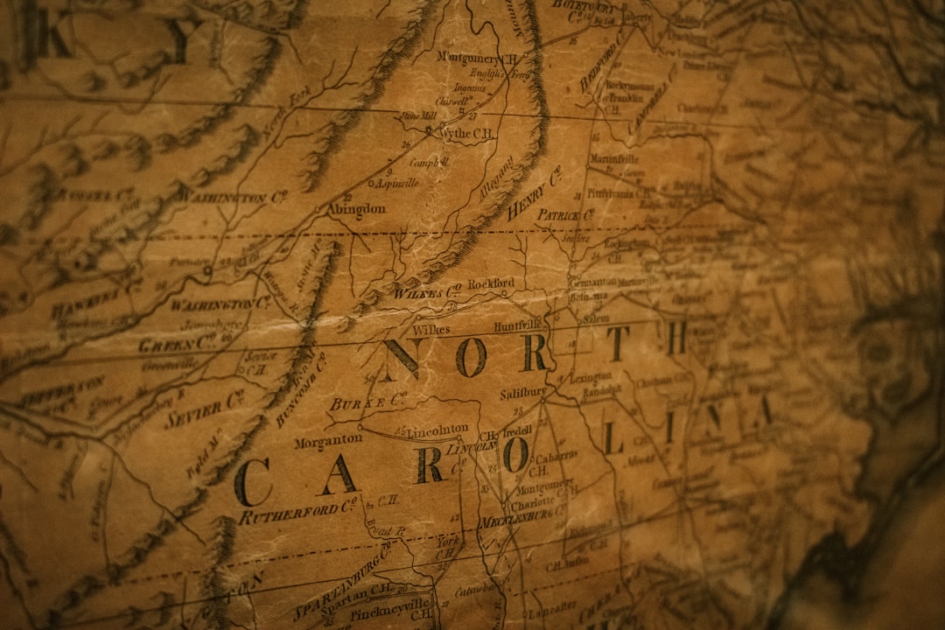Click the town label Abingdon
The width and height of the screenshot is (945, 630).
click(356, 209)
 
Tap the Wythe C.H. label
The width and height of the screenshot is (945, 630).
click(466, 133)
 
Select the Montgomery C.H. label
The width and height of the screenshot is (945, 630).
click(477, 58)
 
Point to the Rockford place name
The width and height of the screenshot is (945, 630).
click(491, 284)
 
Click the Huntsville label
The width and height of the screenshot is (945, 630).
click(519, 326)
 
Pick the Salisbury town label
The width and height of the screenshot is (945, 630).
click(523, 393)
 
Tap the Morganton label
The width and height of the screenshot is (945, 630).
click(327, 442)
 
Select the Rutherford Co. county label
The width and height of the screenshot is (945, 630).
click(297, 512)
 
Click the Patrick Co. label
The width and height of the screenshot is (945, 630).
click(564, 214)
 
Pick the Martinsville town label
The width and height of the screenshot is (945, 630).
click(613, 159)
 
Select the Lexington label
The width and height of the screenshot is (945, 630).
click(591, 377)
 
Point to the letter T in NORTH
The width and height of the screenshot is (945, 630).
click(618, 342)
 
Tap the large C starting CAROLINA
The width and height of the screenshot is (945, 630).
click(253, 482)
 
